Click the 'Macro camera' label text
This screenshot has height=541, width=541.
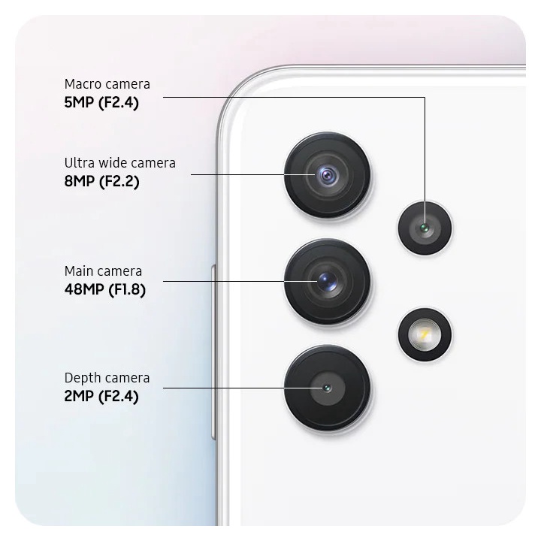tap(107, 84)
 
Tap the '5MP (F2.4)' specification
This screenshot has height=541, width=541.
tap(101, 102)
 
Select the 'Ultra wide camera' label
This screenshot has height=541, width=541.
tap(119, 163)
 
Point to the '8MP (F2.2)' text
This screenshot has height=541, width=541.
tap(101, 181)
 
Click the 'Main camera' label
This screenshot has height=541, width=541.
tap(103, 271)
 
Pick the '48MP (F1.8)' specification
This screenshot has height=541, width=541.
tap(105, 289)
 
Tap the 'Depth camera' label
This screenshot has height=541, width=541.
tap(107, 378)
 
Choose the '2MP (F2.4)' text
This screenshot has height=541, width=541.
tap(101, 396)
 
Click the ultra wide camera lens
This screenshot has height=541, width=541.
tap(328, 175)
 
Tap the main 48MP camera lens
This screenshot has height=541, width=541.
tap(328, 282)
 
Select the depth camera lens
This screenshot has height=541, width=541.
tap(328, 388)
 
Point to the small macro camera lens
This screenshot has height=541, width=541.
tap(425, 228)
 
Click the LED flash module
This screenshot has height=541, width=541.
tap(425, 334)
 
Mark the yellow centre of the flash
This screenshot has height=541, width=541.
tap(425, 334)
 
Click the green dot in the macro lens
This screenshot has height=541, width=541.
tap(425, 228)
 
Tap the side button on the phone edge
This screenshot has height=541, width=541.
tap(213, 352)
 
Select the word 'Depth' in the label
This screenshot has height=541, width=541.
tap(80, 379)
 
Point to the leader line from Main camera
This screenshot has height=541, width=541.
tap(240, 282)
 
